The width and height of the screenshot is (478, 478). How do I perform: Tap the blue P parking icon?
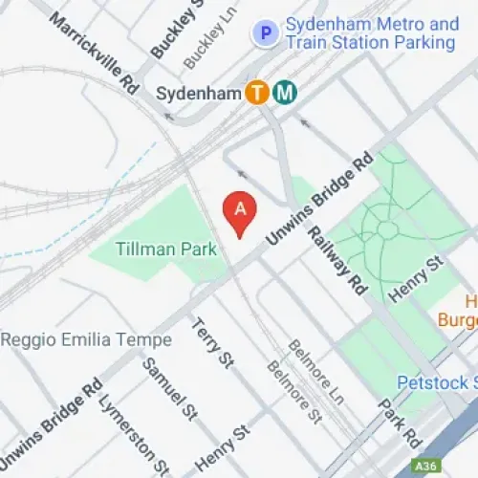tap(263, 33)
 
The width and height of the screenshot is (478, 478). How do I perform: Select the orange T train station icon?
tap(256, 93)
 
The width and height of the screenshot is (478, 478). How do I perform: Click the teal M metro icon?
tap(285, 93)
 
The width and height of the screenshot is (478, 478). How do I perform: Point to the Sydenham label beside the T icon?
tap(196, 93)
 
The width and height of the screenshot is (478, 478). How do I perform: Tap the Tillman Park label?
tap(166, 249)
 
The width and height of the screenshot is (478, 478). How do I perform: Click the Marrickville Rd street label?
tap(96, 53)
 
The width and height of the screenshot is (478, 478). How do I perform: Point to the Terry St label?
tap(212, 343)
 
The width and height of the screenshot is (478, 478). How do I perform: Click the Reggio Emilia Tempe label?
tap(86, 340)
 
